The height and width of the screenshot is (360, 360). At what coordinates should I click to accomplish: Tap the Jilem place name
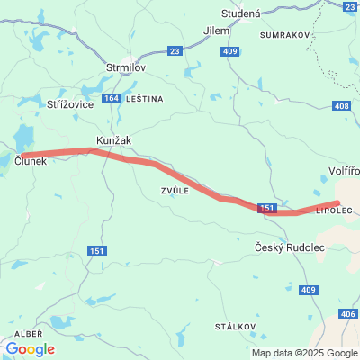click(x=217, y=30)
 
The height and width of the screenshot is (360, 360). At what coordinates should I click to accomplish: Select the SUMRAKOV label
click(x=284, y=34)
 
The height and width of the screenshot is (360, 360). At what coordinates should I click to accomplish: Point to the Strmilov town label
click(x=126, y=67)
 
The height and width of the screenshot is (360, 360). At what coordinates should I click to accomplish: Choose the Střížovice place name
click(x=70, y=104)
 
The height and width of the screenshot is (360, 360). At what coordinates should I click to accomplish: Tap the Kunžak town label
click(x=112, y=142)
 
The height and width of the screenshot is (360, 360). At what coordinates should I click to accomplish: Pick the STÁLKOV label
click(x=234, y=325)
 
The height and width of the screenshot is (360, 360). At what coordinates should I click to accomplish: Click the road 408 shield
click(x=341, y=106)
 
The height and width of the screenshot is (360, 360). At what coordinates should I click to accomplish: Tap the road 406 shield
click(x=347, y=313)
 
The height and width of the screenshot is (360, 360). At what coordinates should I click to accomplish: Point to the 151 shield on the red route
click(x=267, y=208)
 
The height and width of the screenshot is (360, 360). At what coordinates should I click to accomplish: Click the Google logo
click(x=30, y=349)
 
